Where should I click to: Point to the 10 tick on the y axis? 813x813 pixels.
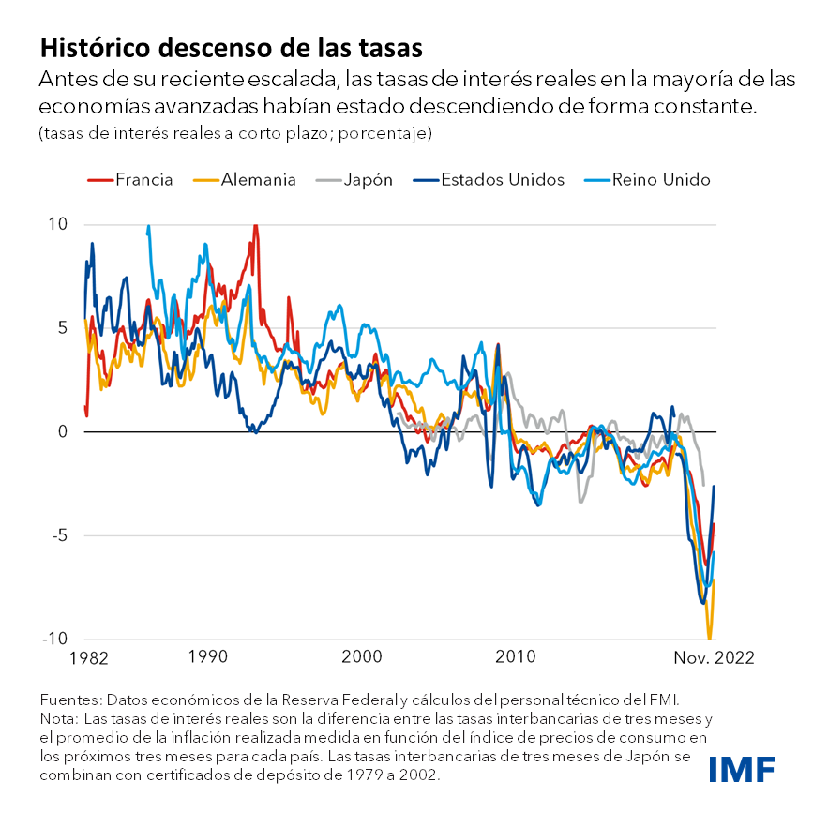pyautogui.click(x=58, y=224)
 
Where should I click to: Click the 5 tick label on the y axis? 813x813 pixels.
pyautogui.click(x=63, y=328)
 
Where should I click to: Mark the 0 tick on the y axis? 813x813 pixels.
pyautogui.click(x=63, y=432)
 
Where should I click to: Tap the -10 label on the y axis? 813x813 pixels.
pyautogui.click(x=55, y=640)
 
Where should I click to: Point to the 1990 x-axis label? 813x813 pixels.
pyautogui.click(x=208, y=657)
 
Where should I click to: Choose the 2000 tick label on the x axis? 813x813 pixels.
pyautogui.click(x=364, y=657)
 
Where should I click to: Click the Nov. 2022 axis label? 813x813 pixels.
pyautogui.click(x=712, y=657)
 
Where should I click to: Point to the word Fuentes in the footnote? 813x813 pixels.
pyautogui.click(x=69, y=700)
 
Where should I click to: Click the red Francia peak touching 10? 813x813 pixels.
pyautogui.click(x=255, y=226)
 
